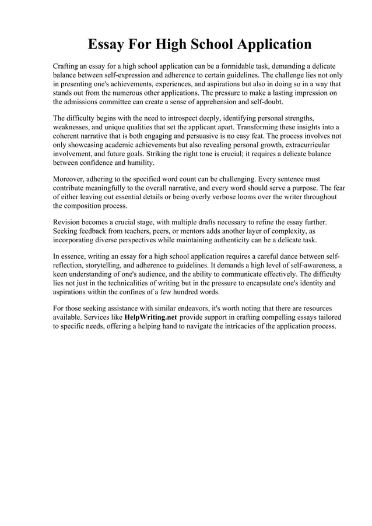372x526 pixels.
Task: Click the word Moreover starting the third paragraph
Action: tap(70, 178)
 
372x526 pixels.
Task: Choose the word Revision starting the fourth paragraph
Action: tap(69, 222)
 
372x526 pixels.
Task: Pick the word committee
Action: tap(111, 101)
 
